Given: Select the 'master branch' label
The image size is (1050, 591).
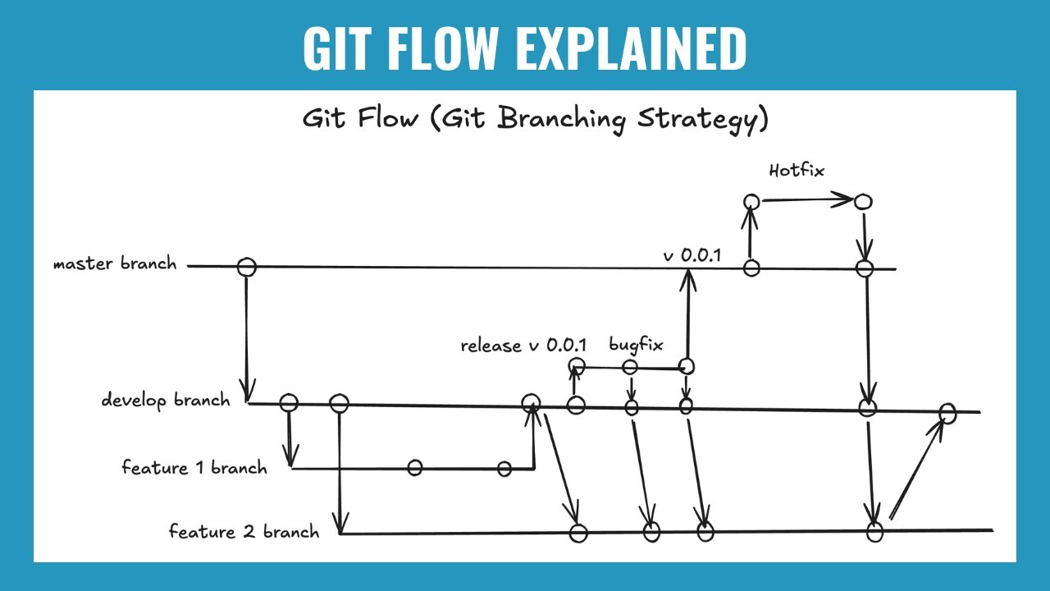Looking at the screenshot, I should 114,264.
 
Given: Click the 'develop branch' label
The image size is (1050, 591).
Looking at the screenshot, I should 166,401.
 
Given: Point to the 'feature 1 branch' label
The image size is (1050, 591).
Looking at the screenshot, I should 194,468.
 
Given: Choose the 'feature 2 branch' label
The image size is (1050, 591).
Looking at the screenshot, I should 244,532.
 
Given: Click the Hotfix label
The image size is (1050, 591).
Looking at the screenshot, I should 796,171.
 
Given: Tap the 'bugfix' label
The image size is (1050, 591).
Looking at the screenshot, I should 635,344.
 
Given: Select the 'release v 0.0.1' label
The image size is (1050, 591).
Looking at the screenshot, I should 523,345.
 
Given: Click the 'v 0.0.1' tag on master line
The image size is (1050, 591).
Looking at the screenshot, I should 691,255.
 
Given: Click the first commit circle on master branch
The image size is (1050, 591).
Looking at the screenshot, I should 246,267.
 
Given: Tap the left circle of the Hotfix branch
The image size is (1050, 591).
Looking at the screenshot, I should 751,201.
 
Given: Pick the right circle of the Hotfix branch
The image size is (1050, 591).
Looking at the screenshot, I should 863,201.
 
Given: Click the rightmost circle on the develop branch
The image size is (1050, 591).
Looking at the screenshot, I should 947,413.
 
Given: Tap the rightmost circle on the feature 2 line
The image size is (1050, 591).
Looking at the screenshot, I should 874,532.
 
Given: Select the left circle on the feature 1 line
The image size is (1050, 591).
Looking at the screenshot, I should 415,468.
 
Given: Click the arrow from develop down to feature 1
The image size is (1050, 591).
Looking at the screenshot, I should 290,439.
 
